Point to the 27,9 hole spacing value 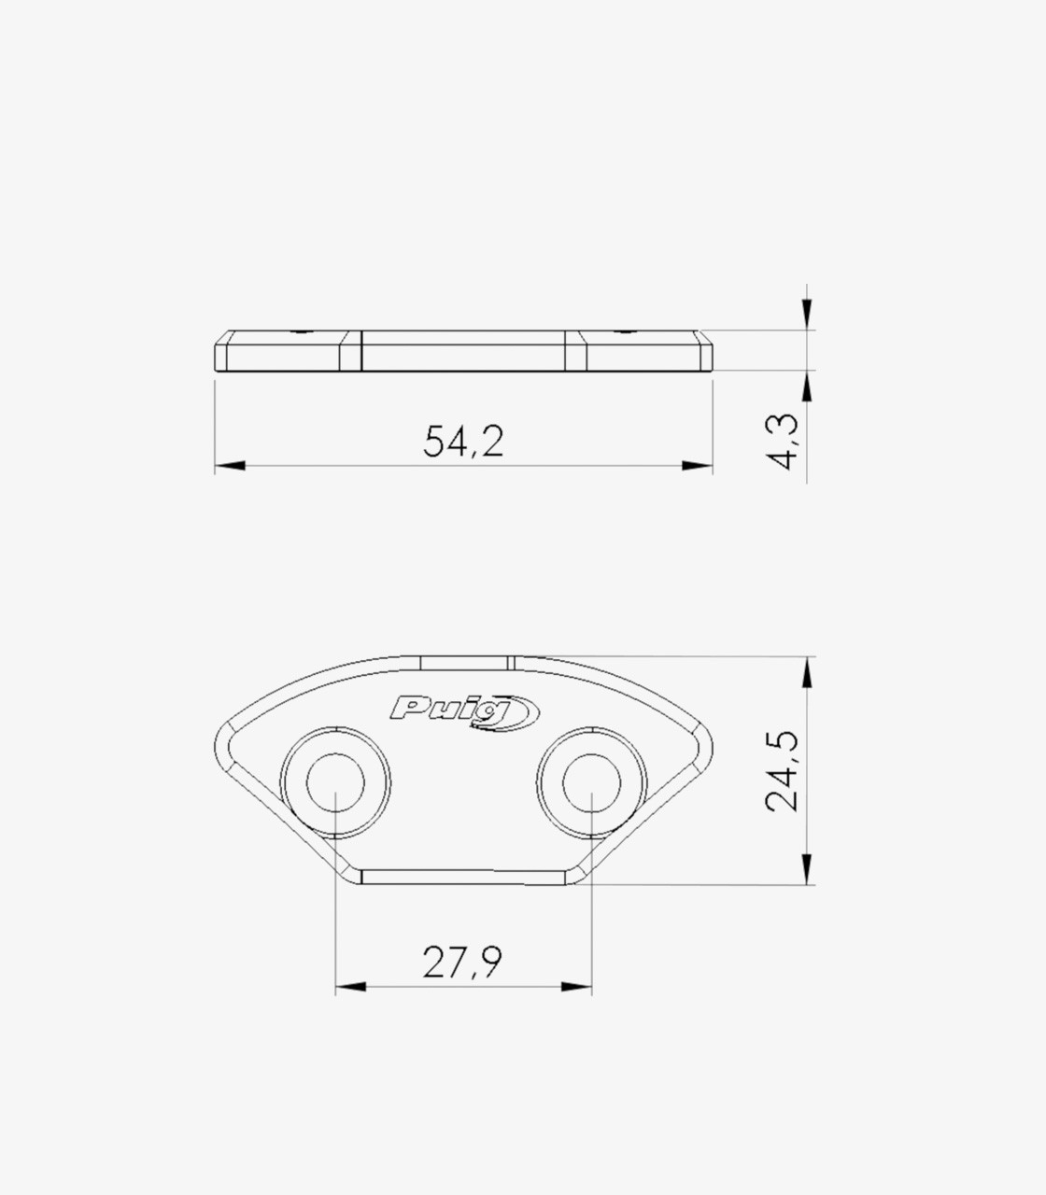[x=462, y=963]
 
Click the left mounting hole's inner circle [x=335, y=782]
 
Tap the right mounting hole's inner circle [x=592, y=782]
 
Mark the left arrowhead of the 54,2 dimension [x=230, y=466]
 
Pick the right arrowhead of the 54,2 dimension [x=698, y=466]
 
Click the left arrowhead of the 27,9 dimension [x=350, y=987]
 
